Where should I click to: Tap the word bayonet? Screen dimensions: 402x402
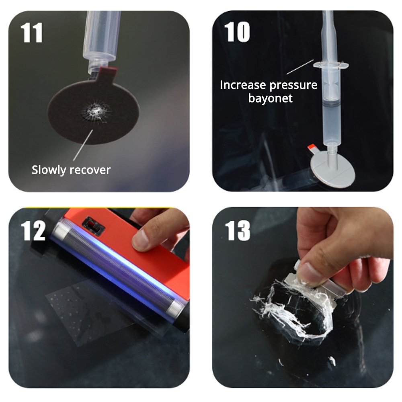(270, 98)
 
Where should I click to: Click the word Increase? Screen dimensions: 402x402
(243, 85)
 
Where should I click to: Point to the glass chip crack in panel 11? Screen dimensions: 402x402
(96, 109)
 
